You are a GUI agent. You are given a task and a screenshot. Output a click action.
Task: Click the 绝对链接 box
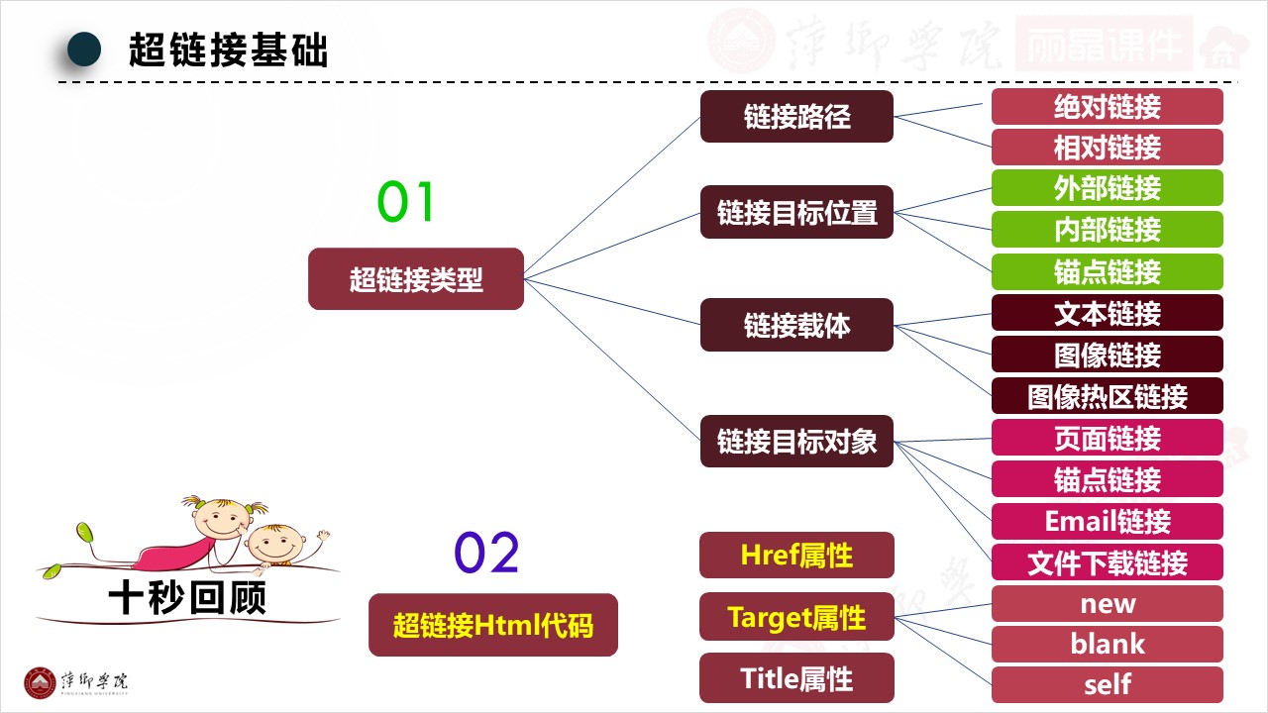click(x=1107, y=106)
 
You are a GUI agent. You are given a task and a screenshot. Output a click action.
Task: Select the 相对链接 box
click(x=1107, y=148)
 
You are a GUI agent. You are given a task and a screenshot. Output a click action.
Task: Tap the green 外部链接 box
click(x=1107, y=188)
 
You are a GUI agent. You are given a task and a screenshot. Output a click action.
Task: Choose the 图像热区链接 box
click(x=1107, y=396)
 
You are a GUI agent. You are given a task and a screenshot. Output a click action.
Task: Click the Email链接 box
click(x=1107, y=521)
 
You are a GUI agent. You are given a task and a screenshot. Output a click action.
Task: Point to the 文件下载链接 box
click(x=1107, y=562)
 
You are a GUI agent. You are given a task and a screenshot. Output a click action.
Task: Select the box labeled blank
click(x=1107, y=644)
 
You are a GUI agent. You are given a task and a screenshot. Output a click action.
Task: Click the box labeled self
click(x=1107, y=684)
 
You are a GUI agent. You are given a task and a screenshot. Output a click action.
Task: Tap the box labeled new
click(x=1107, y=603)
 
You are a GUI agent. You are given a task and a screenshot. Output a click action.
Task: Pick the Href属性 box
click(x=796, y=556)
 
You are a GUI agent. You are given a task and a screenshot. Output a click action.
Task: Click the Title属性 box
click(x=796, y=678)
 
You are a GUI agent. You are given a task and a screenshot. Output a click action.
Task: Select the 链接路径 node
click(x=796, y=116)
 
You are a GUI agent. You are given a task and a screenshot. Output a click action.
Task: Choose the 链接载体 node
click(x=796, y=325)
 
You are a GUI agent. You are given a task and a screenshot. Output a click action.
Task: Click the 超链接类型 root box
click(x=416, y=279)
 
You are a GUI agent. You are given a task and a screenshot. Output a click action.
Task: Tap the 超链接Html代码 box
click(x=493, y=625)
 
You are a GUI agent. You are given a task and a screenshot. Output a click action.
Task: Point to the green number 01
click(x=406, y=202)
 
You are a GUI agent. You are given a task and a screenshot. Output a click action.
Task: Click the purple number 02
click(x=486, y=554)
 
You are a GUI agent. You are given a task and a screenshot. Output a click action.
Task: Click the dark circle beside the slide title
click(x=84, y=50)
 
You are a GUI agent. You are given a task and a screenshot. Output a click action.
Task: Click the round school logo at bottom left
click(x=41, y=683)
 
